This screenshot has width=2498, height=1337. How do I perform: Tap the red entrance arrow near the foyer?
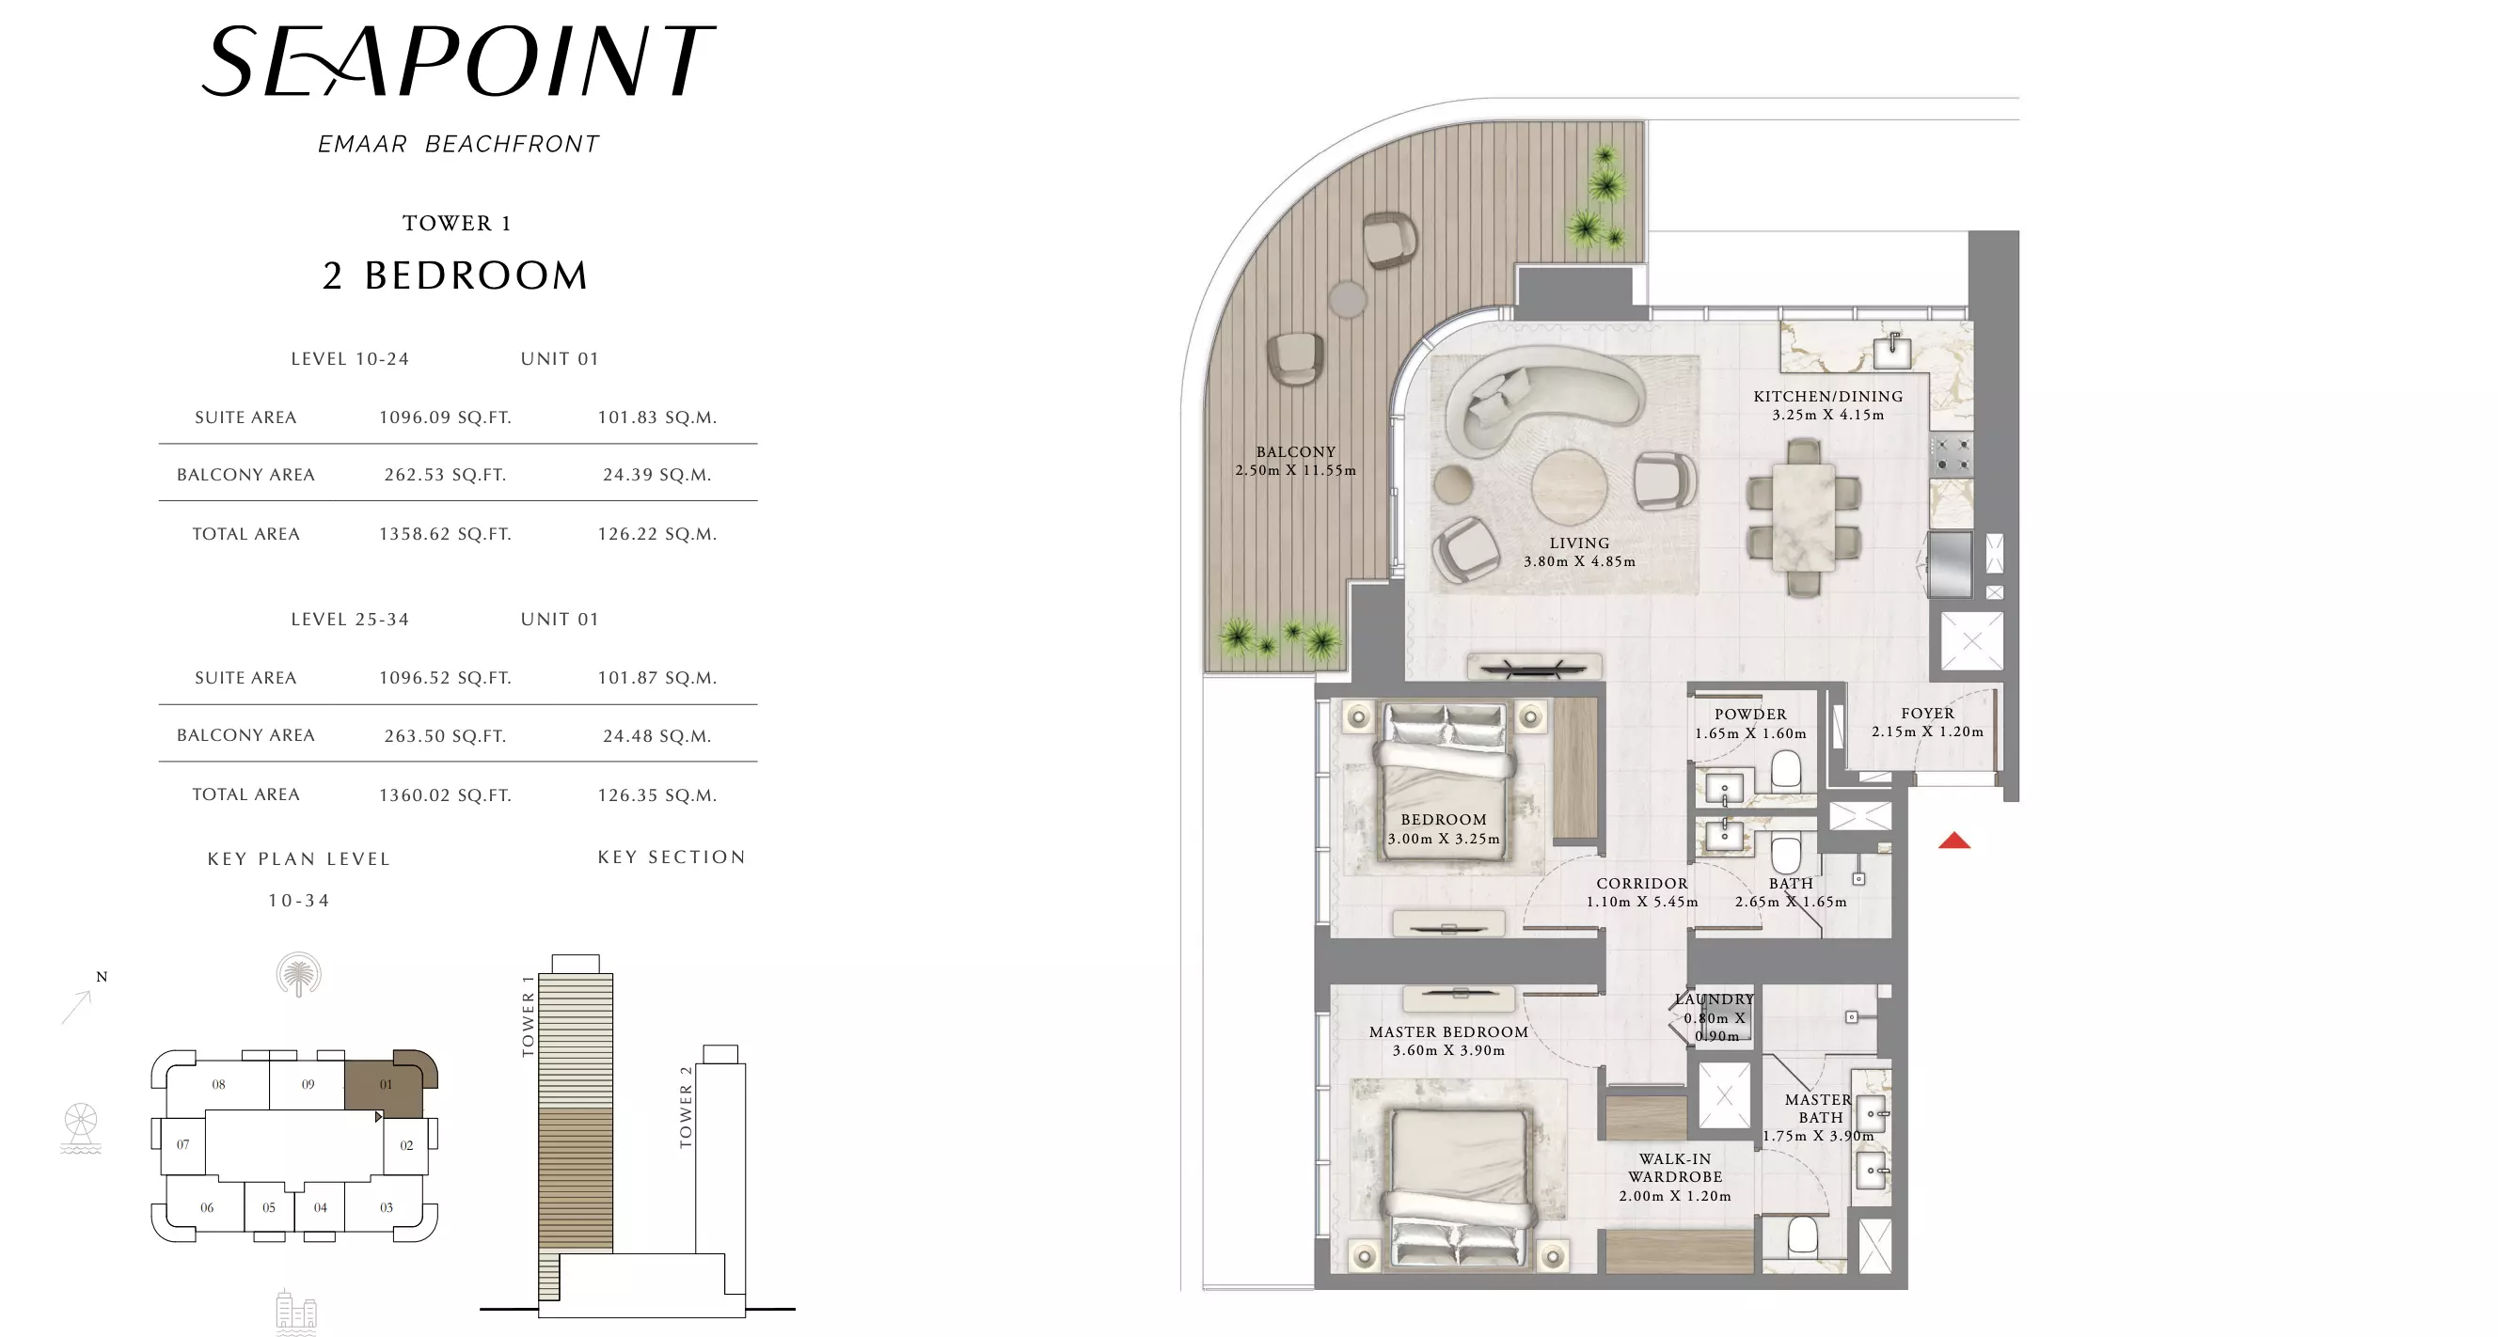pos(1954,841)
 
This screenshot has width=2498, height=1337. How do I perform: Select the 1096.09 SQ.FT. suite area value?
pos(445,417)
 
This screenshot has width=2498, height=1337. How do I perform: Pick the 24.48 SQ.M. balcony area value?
pos(657,736)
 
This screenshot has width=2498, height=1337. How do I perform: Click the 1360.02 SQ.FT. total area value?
pos(445,795)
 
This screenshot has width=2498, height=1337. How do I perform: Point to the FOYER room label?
pos(1928,714)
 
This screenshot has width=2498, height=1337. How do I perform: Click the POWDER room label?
pos(1750,715)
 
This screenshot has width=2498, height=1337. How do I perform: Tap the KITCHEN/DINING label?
pos(1828,397)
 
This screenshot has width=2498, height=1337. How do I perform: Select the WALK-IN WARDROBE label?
pos(1675,1169)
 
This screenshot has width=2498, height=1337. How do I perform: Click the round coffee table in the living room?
pos(1569,487)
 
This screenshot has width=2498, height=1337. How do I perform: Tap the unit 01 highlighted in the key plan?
pos(385,1084)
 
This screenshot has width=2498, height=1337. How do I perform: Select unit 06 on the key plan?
pos(207,1208)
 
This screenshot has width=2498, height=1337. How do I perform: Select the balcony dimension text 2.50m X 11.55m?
pos(1295,471)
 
